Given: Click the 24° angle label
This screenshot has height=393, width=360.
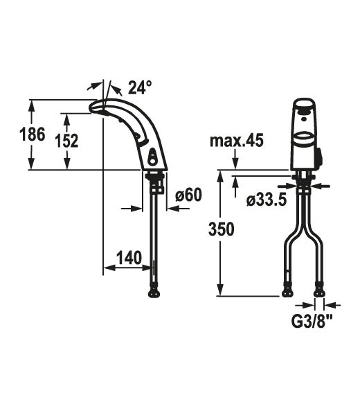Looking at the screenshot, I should point(138,88).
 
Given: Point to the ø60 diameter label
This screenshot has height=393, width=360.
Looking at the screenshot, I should point(188,196).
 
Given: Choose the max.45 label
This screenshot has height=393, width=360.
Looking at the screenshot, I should point(237,142).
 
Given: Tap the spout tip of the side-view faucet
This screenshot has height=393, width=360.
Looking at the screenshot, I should point(95,106).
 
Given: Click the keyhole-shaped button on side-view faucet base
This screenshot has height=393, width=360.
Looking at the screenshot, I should point(152,157).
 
